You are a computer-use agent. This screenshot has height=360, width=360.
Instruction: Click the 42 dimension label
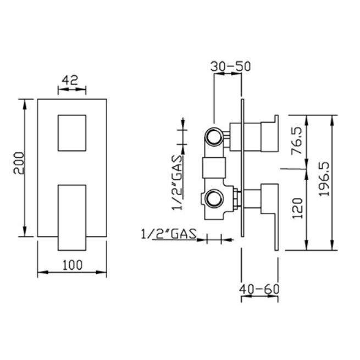(x=70, y=80)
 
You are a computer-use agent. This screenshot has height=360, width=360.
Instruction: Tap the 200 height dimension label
(x=19, y=163)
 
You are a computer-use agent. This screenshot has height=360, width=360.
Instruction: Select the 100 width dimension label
(x=73, y=265)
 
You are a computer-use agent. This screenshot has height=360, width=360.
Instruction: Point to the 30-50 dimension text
(x=230, y=67)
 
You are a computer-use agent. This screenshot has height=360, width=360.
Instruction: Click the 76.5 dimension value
(x=297, y=141)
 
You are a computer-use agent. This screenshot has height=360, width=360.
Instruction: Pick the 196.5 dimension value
(x=324, y=179)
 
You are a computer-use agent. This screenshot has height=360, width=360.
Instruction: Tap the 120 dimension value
(x=298, y=208)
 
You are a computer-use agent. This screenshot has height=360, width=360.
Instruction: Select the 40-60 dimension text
(x=259, y=289)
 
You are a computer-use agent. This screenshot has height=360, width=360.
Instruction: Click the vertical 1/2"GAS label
(x=178, y=183)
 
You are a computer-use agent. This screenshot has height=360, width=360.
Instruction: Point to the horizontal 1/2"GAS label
(x=169, y=234)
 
